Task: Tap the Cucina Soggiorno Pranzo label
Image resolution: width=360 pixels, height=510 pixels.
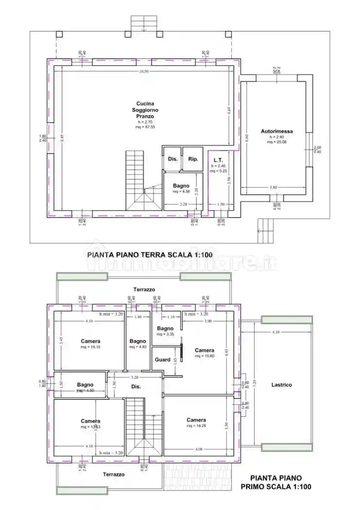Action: (145, 110)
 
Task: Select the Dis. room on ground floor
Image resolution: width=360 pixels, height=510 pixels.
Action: (172, 159)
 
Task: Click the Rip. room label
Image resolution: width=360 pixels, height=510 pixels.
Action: (193, 159)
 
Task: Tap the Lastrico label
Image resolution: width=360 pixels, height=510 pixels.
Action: (281, 385)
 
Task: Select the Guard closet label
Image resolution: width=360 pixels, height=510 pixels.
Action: (162, 360)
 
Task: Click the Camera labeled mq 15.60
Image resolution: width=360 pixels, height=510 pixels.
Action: (204, 350)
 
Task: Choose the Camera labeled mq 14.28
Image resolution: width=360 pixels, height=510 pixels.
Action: (196, 420)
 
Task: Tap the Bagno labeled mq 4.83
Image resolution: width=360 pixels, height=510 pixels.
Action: (137, 341)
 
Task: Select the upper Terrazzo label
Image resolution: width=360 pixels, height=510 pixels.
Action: (144, 289)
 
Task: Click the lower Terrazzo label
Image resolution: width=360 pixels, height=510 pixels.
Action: (113, 474)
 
